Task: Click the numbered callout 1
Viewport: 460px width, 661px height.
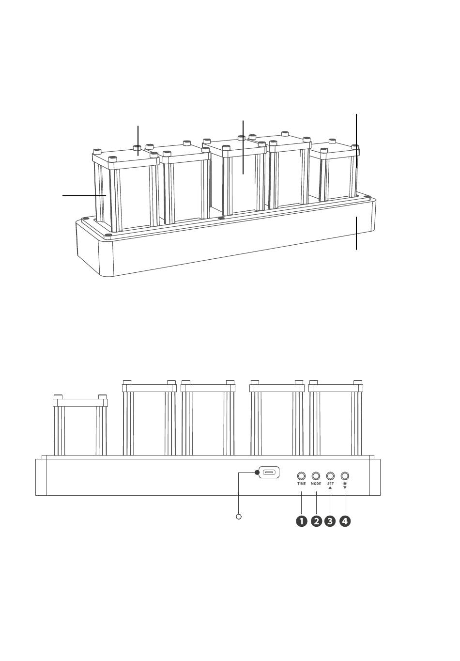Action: (x=301, y=521)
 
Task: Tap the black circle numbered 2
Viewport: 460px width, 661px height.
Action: (x=316, y=521)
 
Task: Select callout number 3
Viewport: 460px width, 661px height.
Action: (x=330, y=521)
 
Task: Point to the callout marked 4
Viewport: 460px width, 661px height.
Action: (x=345, y=521)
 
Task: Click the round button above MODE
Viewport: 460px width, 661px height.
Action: (x=316, y=476)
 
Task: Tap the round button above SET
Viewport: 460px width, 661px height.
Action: (x=330, y=476)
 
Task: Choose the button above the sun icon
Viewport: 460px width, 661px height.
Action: (x=345, y=476)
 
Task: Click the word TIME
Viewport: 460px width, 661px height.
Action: (x=301, y=484)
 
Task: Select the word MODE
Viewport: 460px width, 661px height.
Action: (x=316, y=484)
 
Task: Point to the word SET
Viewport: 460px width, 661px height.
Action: (x=330, y=484)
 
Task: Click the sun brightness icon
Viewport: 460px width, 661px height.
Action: (x=345, y=484)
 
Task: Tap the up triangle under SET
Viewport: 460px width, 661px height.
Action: (x=330, y=488)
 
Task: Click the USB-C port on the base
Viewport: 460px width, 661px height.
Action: (x=269, y=472)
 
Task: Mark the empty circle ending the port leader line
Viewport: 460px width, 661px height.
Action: (x=239, y=517)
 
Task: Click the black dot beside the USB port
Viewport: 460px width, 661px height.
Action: (x=257, y=472)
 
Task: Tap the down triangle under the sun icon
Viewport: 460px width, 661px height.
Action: (x=345, y=488)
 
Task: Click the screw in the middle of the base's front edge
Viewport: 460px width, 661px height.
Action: (x=221, y=218)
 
